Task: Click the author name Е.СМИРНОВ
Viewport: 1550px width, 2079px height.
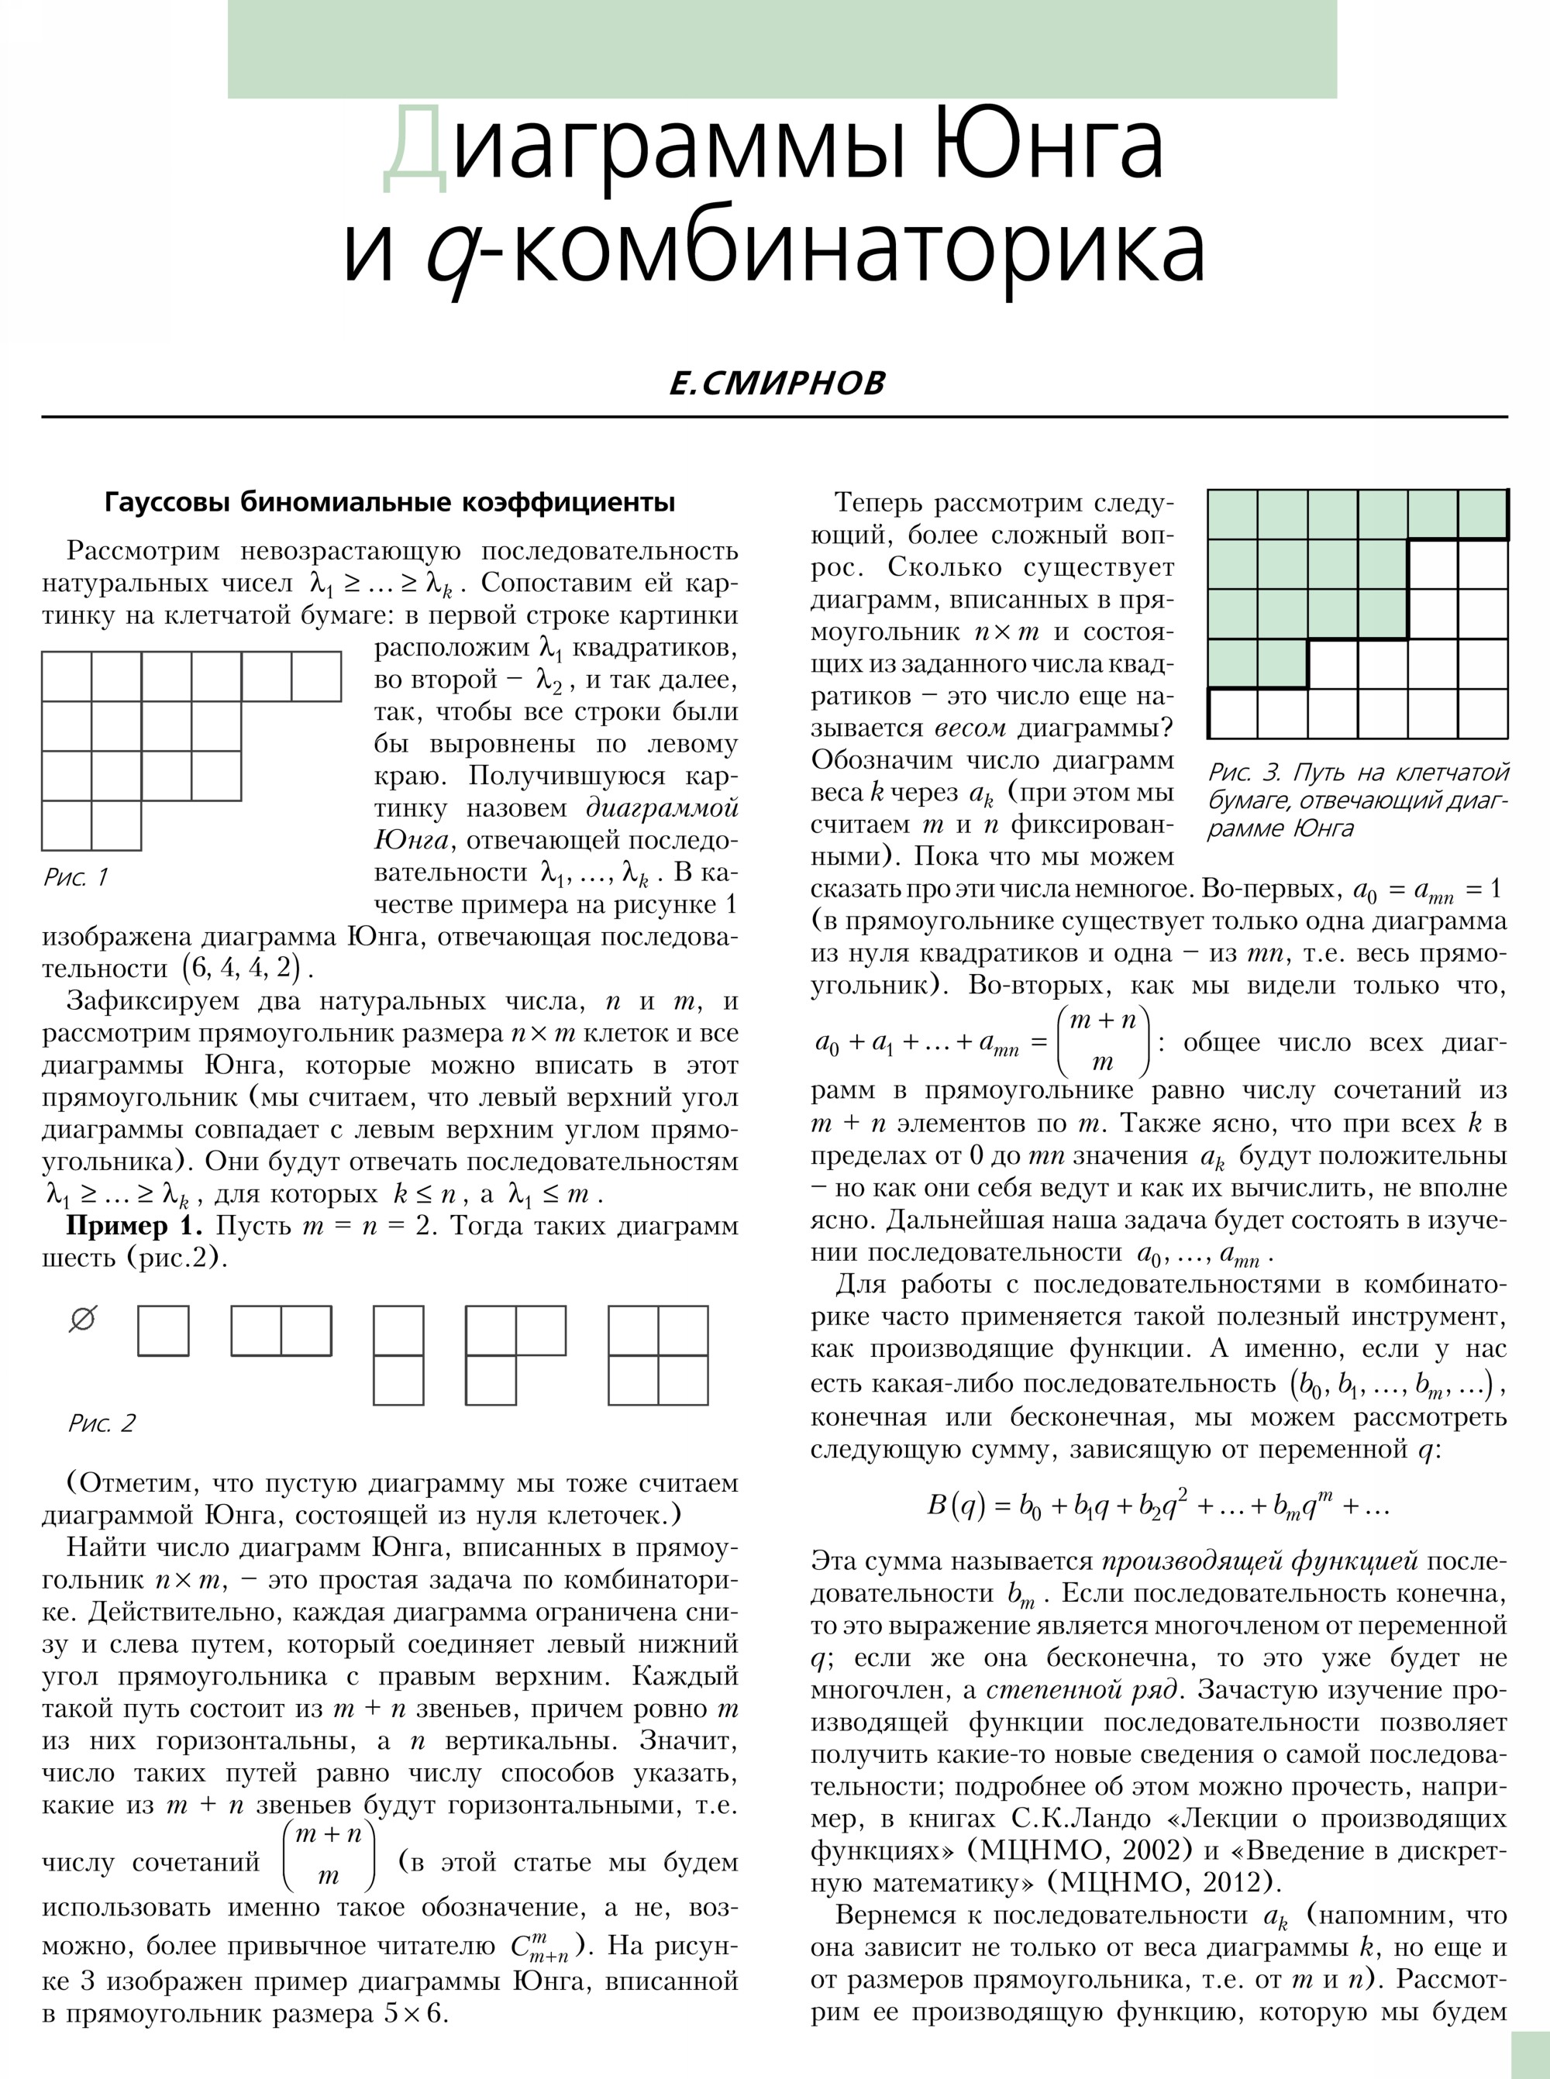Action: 777,383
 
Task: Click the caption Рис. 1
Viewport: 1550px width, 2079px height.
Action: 76,877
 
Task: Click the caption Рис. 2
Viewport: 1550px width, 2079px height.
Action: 102,1423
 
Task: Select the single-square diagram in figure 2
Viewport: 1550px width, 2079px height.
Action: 164,1330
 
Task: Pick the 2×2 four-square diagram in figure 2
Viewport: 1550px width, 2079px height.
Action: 658,1354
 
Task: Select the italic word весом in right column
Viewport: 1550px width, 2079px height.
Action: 970,728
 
